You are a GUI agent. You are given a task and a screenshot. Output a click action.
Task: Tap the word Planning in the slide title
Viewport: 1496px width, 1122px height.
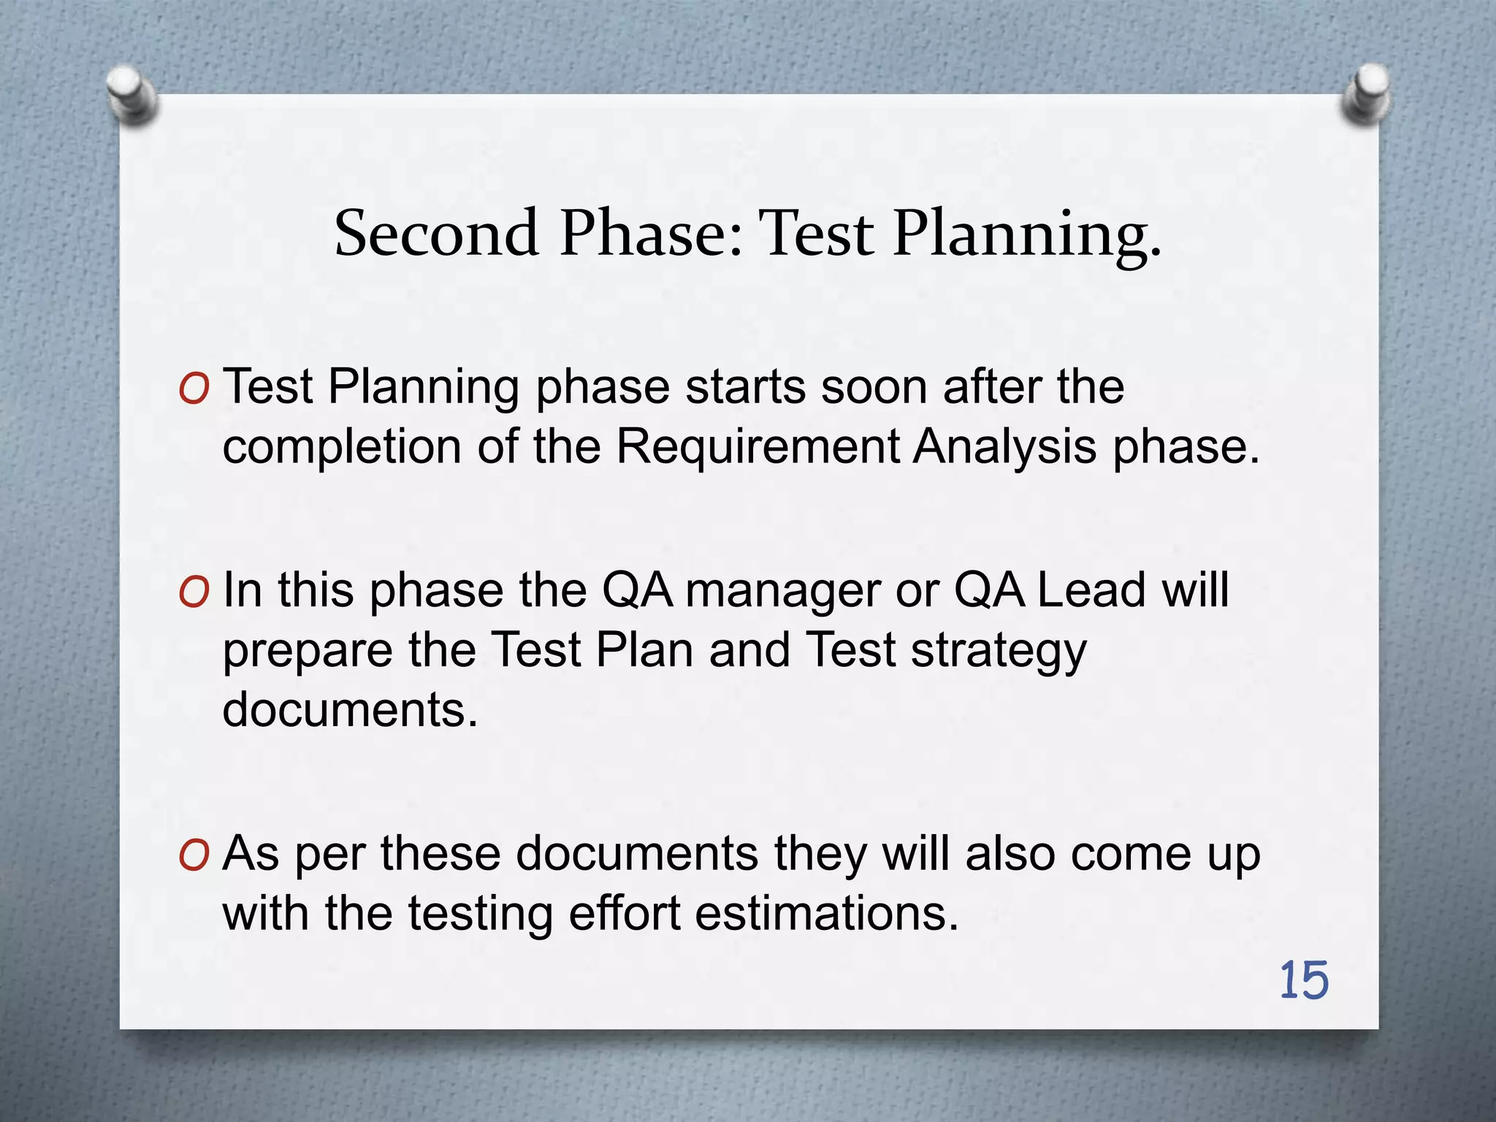tap(1026, 234)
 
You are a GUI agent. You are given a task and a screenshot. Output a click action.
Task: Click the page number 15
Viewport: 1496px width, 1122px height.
tap(1304, 980)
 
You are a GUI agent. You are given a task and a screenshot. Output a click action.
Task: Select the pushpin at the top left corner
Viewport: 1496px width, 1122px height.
tap(131, 93)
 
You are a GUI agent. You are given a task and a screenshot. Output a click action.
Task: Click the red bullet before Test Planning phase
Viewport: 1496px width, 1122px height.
tap(194, 389)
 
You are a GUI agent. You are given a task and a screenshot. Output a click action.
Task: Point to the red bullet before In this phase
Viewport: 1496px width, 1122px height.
tap(194, 592)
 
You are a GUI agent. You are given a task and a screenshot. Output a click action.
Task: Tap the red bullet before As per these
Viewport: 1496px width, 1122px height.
tap(194, 855)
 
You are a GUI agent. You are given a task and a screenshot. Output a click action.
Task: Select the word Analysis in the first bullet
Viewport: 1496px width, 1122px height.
tap(1004, 446)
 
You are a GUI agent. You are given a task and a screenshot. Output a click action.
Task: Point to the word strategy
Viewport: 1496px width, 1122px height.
tap(998, 652)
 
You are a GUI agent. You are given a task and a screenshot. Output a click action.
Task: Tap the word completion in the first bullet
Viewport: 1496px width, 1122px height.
tap(341, 448)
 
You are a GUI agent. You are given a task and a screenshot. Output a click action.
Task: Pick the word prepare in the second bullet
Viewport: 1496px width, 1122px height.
tap(307, 652)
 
